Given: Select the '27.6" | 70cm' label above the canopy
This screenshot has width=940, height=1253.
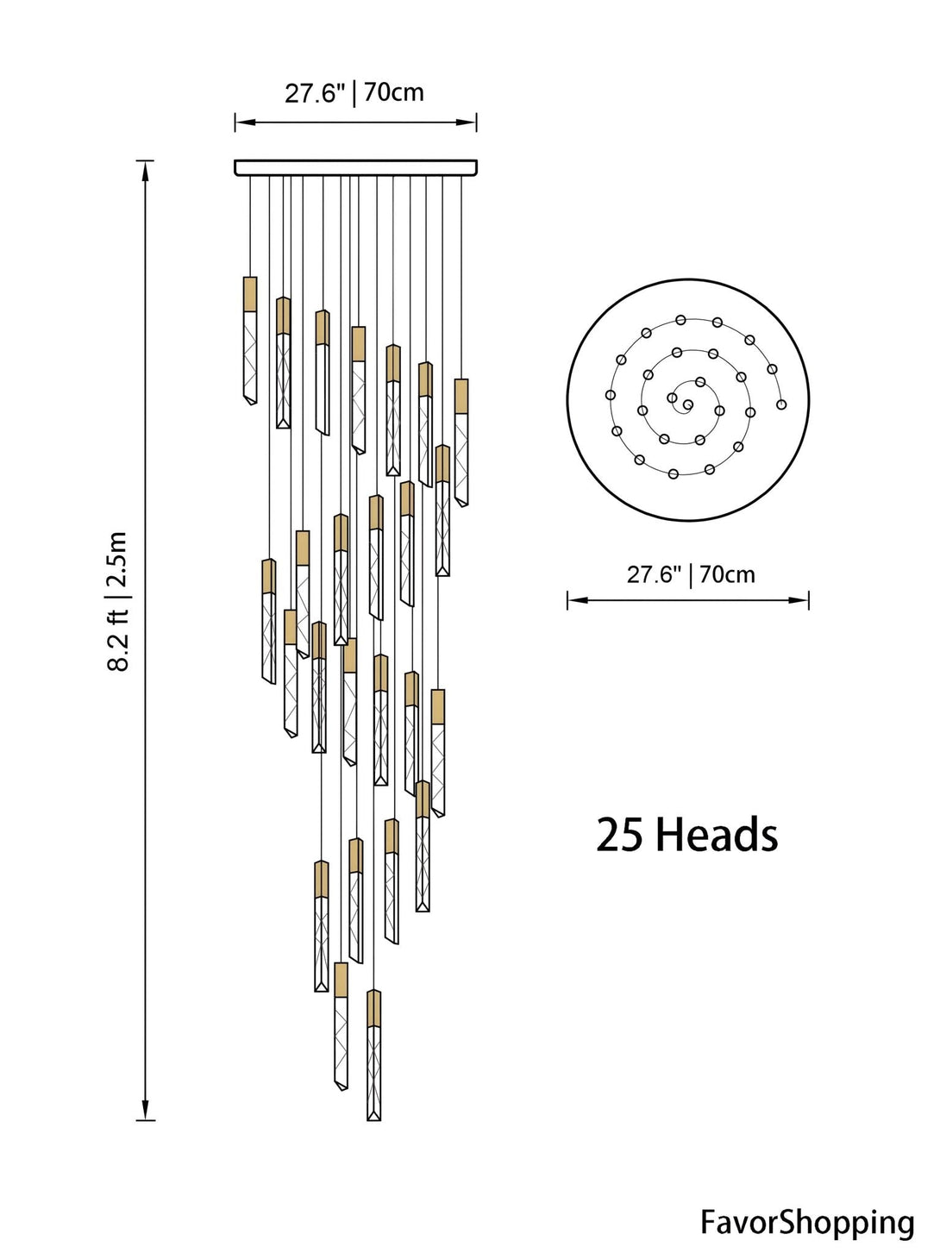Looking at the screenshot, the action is click(354, 93).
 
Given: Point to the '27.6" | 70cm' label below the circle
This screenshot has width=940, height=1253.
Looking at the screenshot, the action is click(691, 574).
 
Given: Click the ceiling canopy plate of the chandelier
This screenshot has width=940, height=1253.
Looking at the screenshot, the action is click(355, 167).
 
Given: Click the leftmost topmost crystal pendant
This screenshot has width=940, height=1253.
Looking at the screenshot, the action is click(250, 341).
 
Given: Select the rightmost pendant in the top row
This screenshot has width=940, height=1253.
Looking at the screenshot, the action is click(461, 442).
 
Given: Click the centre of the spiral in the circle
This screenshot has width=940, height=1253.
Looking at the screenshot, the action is click(687, 404).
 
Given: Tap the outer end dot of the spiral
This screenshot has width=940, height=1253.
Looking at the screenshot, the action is click(781, 404).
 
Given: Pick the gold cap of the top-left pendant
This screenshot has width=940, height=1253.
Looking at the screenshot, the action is click(250, 294).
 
